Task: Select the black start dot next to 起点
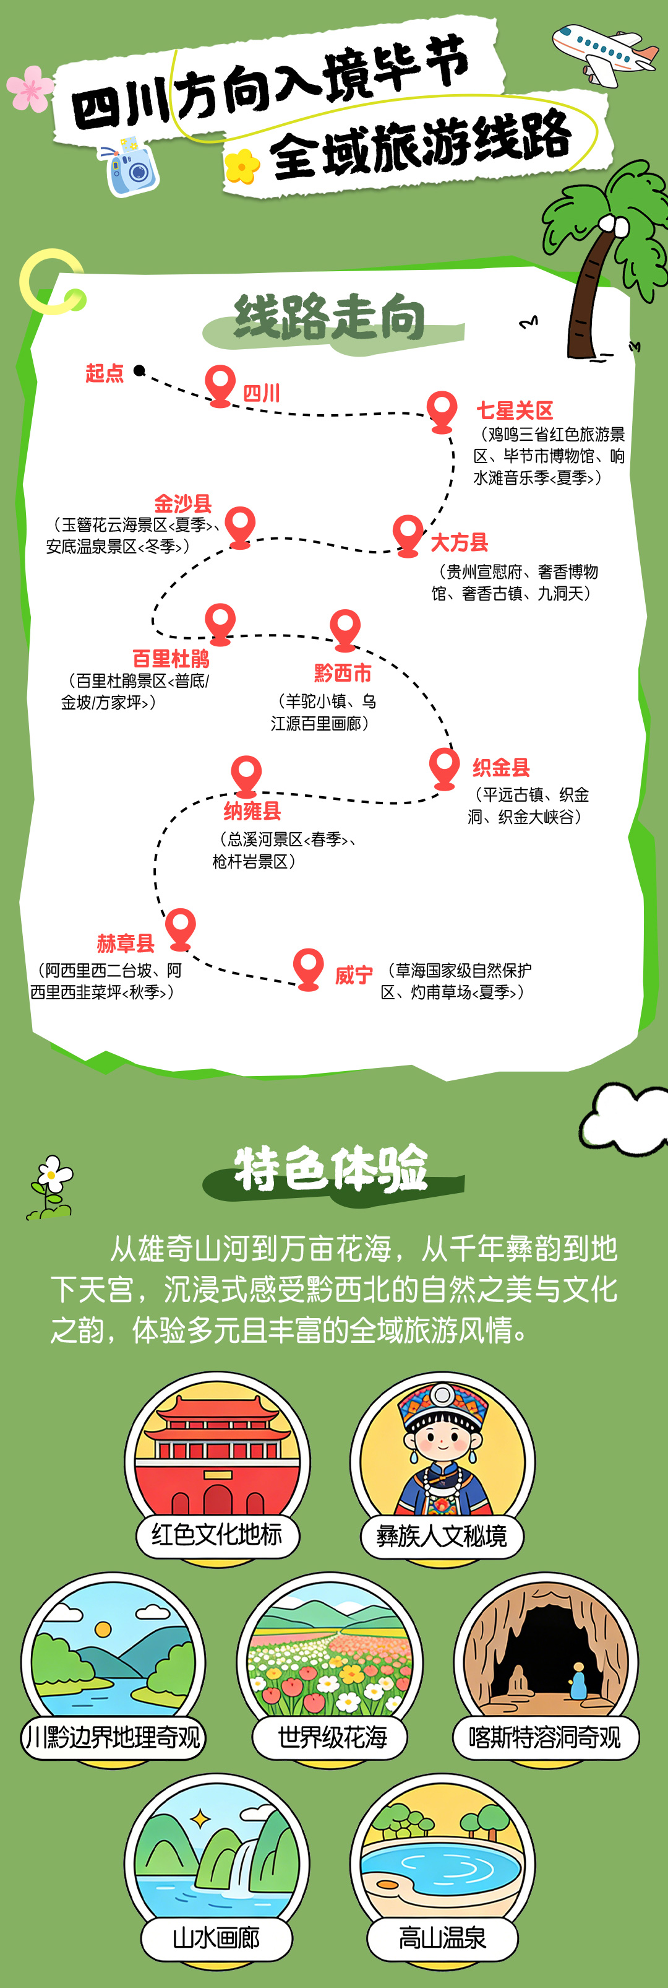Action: coord(139,370)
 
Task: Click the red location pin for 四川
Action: coord(220,384)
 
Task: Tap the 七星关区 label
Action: coord(515,410)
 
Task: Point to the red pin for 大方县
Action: coord(407,532)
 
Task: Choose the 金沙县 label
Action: coord(183,503)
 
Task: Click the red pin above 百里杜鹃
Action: coord(220,621)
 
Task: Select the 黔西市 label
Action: coord(343,673)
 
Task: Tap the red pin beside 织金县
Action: coord(443,766)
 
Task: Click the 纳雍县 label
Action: coord(252,810)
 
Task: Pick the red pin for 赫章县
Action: coord(181,927)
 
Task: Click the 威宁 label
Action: coord(354,974)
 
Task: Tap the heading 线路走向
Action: coord(330,317)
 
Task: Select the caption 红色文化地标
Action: coord(216,1534)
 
